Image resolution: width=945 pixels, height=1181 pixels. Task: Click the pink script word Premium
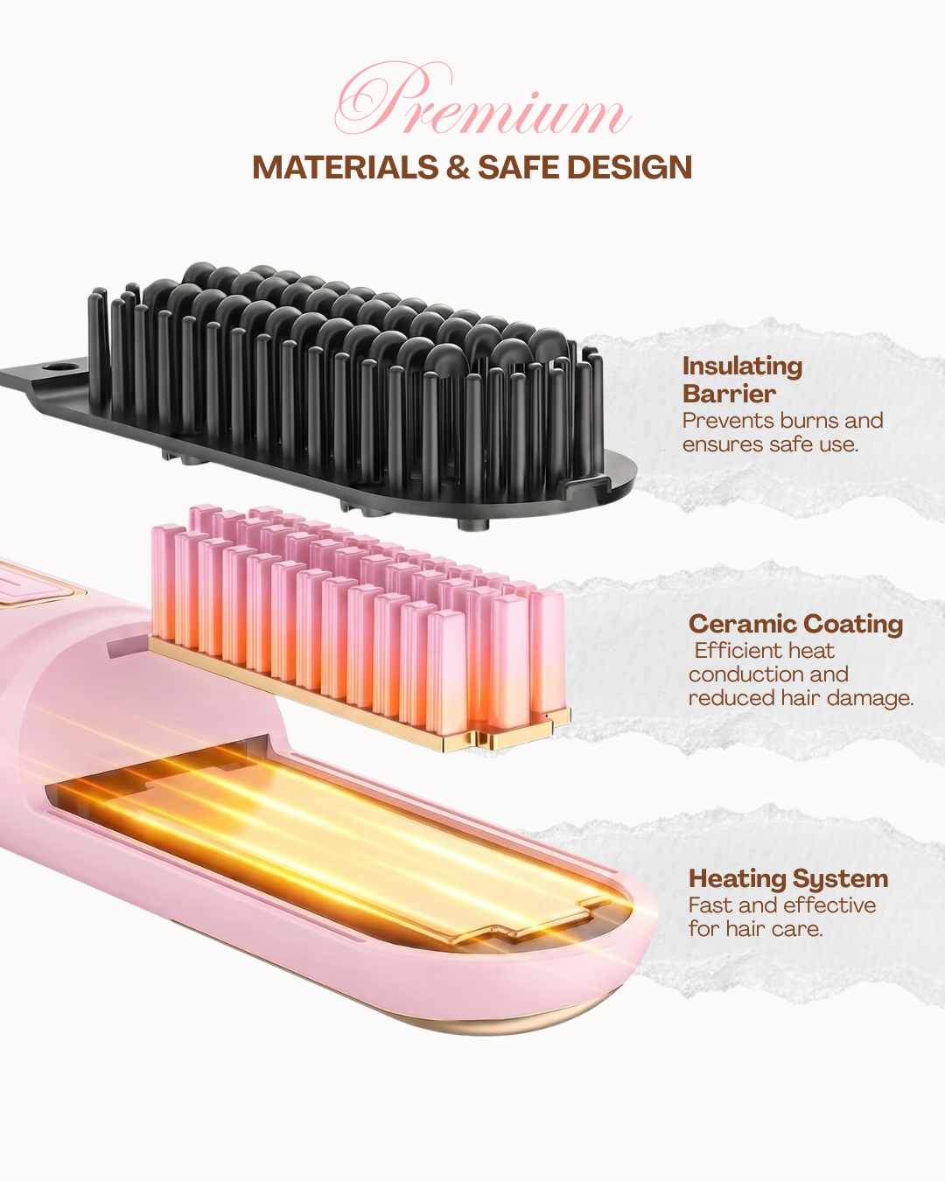pos(482,100)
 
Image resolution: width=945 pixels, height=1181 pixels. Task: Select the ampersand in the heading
pos(458,167)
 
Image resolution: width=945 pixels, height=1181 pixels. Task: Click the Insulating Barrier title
pos(742,380)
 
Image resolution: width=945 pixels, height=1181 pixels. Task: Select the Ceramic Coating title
pos(795,624)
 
